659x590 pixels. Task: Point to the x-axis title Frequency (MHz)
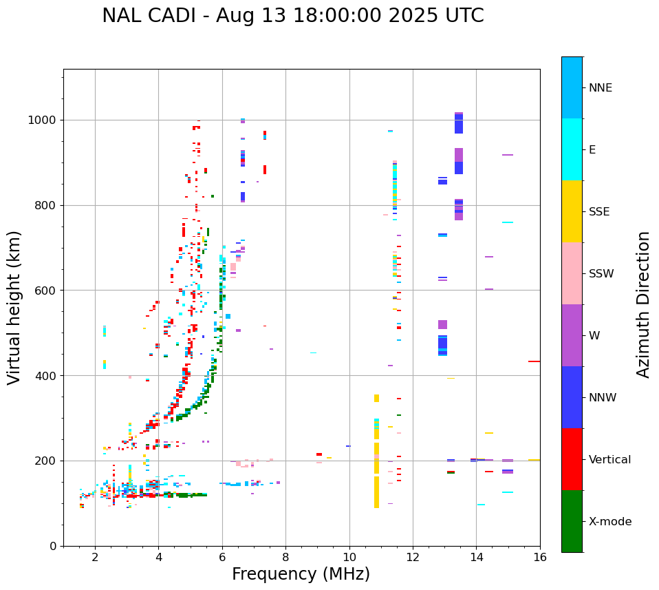(x=301, y=574)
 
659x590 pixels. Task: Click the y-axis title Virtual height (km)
(x=14, y=307)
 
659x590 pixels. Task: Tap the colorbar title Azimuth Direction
(x=643, y=304)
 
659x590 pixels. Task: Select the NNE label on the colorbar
(x=600, y=88)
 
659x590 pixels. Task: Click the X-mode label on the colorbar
(x=609, y=522)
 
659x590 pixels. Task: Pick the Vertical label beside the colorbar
(x=609, y=460)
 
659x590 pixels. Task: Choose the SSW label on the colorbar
(x=601, y=274)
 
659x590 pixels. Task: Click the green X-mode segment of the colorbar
(x=572, y=521)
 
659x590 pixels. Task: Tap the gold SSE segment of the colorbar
(x=572, y=211)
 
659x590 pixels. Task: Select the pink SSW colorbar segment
(x=572, y=273)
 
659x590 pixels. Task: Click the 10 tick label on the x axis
(x=349, y=557)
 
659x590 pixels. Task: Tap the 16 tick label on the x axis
(x=539, y=557)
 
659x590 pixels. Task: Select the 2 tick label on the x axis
(x=95, y=557)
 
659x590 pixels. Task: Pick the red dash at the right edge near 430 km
(x=534, y=361)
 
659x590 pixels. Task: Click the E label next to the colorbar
(x=592, y=150)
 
